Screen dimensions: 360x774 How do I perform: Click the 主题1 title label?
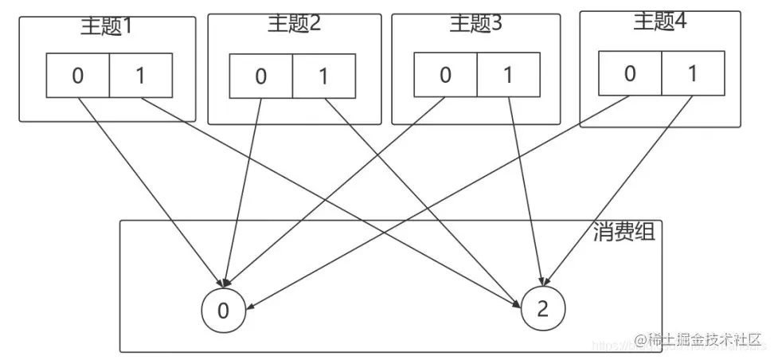(x=106, y=25)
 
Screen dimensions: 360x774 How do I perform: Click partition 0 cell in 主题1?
(x=77, y=76)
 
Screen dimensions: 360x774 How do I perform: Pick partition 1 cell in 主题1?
(x=140, y=76)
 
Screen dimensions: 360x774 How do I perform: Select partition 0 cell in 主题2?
(x=261, y=77)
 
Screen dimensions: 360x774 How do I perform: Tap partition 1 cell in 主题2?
(x=323, y=77)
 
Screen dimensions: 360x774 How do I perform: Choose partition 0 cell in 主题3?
(x=445, y=76)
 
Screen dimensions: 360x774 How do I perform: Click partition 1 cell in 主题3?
(x=507, y=76)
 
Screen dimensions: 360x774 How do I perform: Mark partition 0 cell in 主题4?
(x=630, y=74)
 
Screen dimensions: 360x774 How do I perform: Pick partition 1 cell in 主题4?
(x=692, y=74)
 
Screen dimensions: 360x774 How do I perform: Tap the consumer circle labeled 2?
(x=543, y=310)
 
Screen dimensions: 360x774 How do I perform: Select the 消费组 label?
(x=624, y=232)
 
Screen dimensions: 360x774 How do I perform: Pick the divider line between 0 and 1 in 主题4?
(x=661, y=74)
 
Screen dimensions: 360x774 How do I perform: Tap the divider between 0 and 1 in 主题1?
(x=108, y=76)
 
